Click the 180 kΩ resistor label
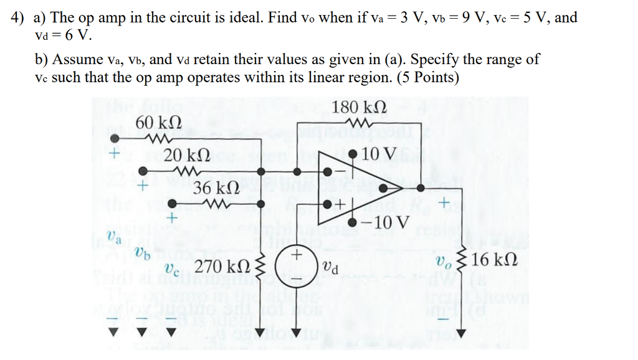(359, 107)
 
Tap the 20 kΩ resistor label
(182, 156)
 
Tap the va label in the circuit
(113, 237)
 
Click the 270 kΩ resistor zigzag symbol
(262, 267)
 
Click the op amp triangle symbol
(349, 187)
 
